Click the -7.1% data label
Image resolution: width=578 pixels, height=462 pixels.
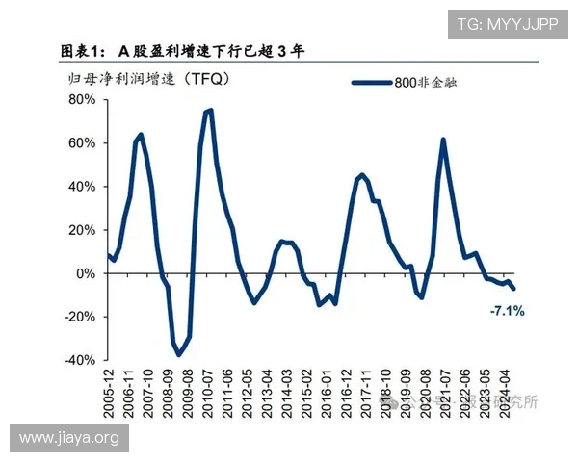507,311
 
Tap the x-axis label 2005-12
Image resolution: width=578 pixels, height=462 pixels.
108,397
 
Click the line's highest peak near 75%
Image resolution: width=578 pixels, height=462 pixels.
209,110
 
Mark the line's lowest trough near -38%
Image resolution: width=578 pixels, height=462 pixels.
178,355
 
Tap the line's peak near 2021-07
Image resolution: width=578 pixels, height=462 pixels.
443,140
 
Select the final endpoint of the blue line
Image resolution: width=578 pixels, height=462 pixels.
513,289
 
